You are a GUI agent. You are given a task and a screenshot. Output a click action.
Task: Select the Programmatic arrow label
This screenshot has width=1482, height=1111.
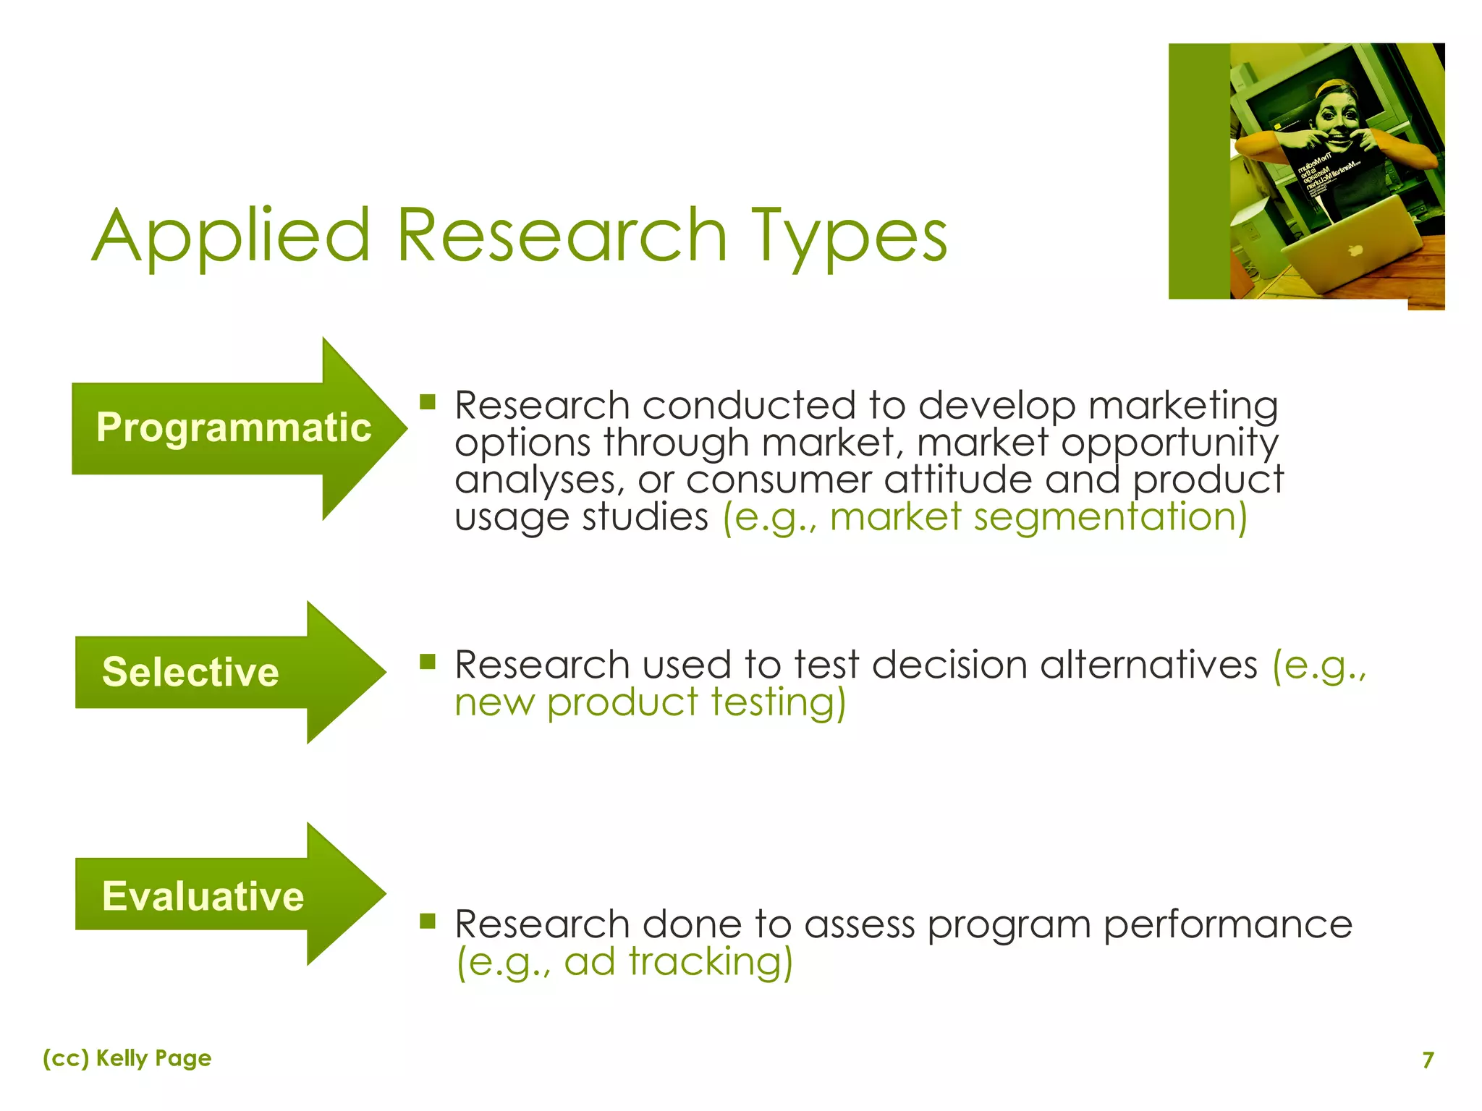coord(233,427)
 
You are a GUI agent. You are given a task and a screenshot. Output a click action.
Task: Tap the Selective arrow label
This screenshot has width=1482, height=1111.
coord(190,672)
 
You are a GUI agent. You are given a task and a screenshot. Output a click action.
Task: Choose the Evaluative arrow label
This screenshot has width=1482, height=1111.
coord(203,896)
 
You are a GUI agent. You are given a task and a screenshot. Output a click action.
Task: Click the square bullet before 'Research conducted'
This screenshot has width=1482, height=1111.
coord(428,401)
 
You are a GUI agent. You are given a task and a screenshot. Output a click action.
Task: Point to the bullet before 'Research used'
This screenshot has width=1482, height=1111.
coord(428,661)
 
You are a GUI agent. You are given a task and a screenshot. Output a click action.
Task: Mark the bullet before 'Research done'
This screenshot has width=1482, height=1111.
coord(428,920)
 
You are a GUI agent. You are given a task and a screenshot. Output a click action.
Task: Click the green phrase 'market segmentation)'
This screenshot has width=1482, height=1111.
coord(1038,518)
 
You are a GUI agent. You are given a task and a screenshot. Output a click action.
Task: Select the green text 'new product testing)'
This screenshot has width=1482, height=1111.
coord(650,703)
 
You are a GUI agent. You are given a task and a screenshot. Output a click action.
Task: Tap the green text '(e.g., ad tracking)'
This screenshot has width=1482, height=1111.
coord(624,963)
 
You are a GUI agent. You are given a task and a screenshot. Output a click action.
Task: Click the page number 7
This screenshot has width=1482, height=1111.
coord(1428,1060)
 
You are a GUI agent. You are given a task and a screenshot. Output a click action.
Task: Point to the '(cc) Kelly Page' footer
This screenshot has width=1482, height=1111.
coord(127,1058)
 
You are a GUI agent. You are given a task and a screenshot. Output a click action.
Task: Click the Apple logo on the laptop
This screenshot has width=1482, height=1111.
coord(1355,250)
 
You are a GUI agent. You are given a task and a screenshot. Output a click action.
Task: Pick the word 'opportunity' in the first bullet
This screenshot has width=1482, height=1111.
coord(1169,443)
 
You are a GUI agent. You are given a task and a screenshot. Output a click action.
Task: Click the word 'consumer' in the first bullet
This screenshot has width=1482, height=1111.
coord(778,480)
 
